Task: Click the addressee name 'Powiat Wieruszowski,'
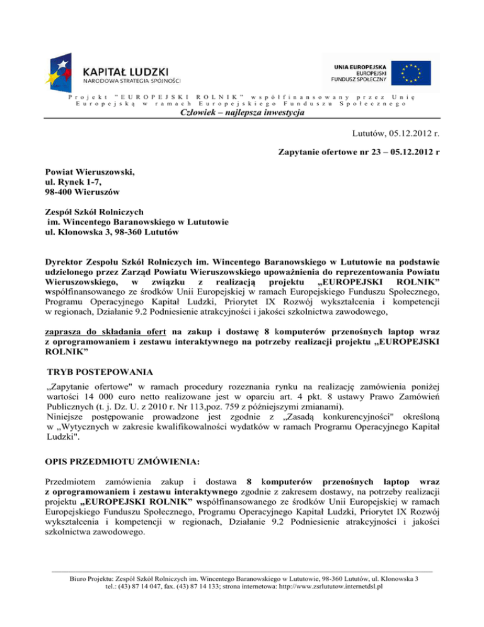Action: point(91,172)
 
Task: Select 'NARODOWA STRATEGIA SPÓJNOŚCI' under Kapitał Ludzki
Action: point(132,81)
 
